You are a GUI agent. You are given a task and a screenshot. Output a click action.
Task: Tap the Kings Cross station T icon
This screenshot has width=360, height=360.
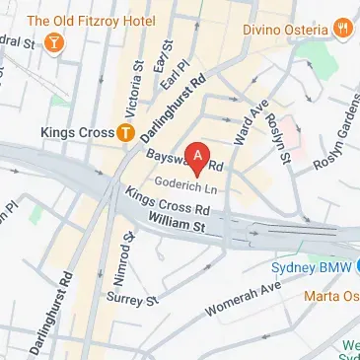pos(126,132)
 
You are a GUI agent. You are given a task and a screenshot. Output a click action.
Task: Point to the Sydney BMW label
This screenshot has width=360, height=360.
pos(310,267)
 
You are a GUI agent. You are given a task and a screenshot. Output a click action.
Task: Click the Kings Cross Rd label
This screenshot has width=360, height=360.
pos(169,204)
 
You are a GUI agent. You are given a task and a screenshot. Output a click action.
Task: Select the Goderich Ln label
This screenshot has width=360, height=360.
pos(187,184)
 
